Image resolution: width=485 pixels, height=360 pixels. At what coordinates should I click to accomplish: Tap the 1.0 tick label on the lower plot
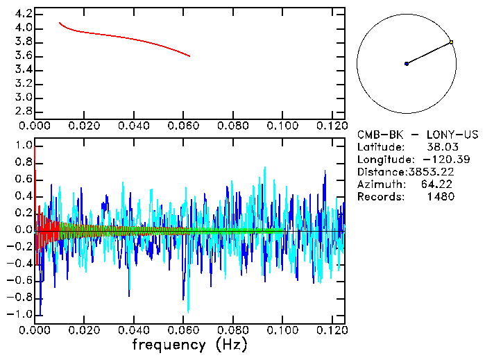pos(24,145)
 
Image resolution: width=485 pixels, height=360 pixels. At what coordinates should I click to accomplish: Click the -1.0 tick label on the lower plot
pos(21,314)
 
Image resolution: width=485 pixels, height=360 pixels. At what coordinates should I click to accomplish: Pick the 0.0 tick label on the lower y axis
pos(24,230)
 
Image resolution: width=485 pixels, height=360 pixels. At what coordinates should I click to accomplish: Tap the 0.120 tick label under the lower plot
pos(331,330)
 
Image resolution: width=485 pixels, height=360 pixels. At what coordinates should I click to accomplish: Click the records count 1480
pos(440,197)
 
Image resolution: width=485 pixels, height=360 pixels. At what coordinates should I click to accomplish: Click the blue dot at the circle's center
pos(407,64)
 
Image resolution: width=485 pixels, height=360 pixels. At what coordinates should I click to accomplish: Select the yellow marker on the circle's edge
pos(451,42)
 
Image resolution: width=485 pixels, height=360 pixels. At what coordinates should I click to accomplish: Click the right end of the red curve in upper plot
pos(189,56)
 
